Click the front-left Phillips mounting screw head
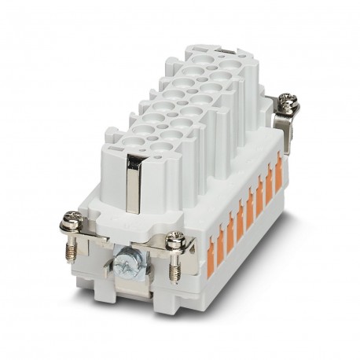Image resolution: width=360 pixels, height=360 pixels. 71,223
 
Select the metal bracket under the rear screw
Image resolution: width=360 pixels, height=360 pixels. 283,126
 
